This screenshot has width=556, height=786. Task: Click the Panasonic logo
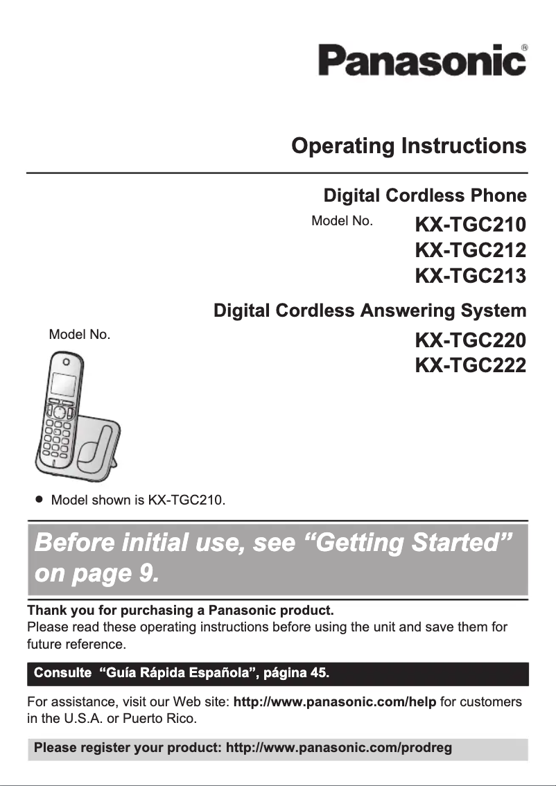click(421, 60)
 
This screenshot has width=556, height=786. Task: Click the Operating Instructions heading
click(408, 146)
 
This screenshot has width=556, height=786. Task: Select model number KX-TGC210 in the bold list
click(470, 225)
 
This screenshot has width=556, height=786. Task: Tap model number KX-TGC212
click(470, 250)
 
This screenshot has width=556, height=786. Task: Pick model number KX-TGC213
click(470, 275)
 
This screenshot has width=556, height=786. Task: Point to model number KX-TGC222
click(470, 365)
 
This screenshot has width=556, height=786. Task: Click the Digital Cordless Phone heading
click(425, 195)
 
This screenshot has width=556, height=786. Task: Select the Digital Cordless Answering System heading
click(370, 310)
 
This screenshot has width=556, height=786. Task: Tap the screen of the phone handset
click(62, 385)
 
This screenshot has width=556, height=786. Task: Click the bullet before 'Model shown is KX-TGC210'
click(40, 499)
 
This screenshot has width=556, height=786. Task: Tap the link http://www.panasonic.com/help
click(335, 703)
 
